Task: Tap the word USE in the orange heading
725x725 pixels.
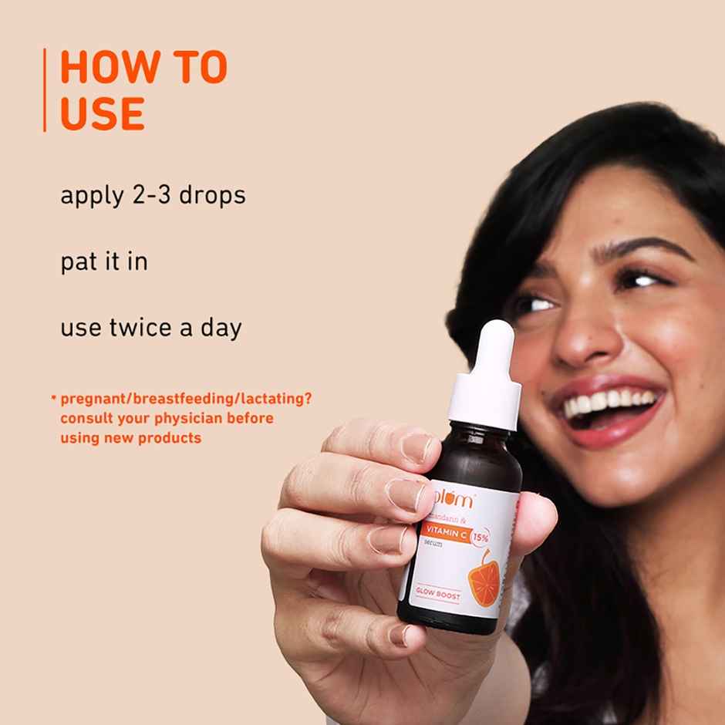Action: pyautogui.click(x=102, y=113)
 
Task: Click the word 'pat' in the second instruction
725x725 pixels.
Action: pyautogui.click(x=77, y=262)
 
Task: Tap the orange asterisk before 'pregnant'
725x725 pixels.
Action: pyautogui.click(x=54, y=398)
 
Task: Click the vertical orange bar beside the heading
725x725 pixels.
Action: pyautogui.click(x=45, y=90)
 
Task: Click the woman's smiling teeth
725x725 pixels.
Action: pyautogui.click(x=609, y=403)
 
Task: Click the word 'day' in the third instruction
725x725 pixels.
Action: pyautogui.click(x=224, y=329)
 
